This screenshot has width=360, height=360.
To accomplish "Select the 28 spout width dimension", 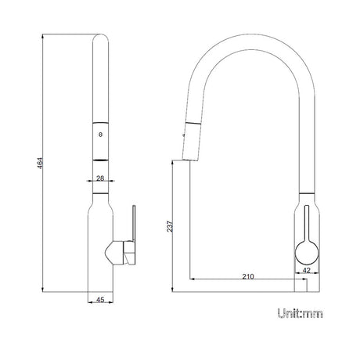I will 99,178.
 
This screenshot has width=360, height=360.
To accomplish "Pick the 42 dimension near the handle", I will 306,271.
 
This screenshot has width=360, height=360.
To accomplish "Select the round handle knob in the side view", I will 305,251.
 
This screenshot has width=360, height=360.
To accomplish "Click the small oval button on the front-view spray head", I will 99,135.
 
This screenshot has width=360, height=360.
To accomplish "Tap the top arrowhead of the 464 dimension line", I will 46,34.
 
